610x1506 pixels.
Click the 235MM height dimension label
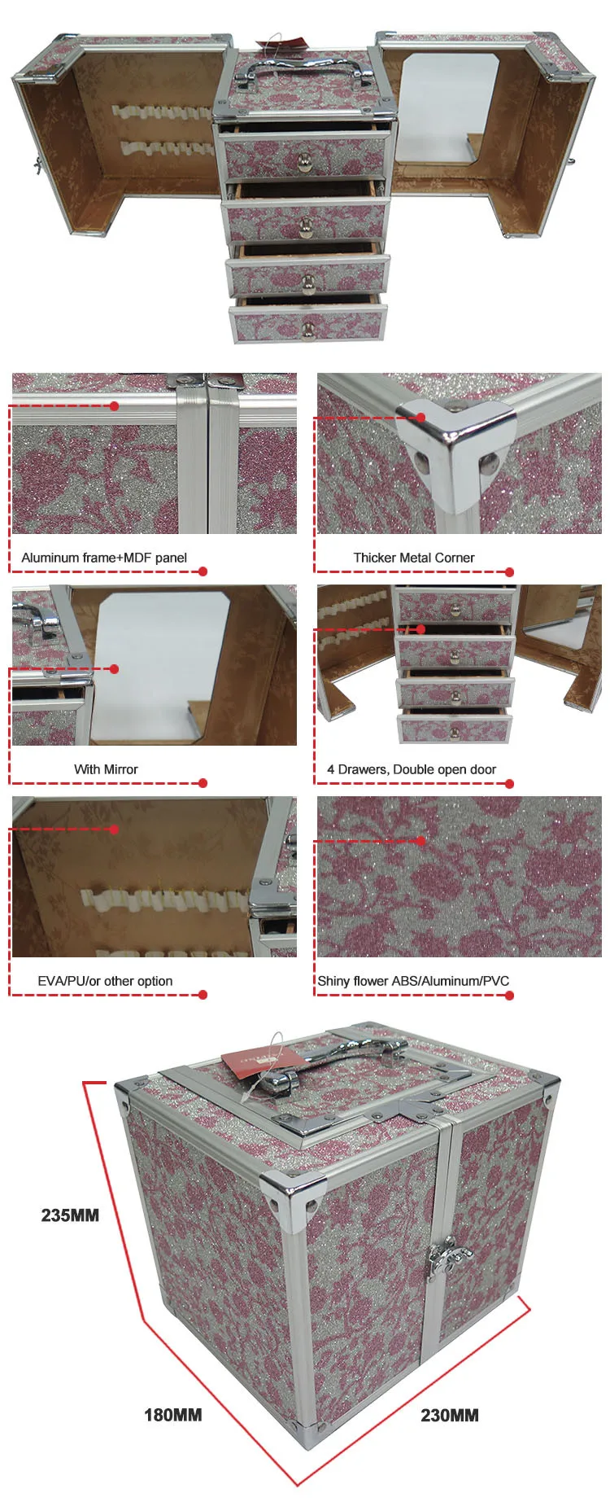pyautogui.click(x=70, y=1215)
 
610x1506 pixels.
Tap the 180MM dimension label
pyautogui.click(x=172, y=1416)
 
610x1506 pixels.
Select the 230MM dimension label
pyautogui.click(x=449, y=1416)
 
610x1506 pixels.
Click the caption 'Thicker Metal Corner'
pyautogui.click(x=414, y=558)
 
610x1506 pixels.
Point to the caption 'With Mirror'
pyautogui.click(x=106, y=769)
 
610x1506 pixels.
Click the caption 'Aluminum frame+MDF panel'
pyautogui.click(x=104, y=558)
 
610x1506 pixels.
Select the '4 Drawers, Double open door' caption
pyautogui.click(x=412, y=769)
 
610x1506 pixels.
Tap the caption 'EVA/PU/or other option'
pyautogui.click(x=105, y=981)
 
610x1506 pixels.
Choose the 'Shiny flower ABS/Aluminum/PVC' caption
pyautogui.click(x=413, y=981)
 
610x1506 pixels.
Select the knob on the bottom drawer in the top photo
pyautogui.click(x=308, y=329)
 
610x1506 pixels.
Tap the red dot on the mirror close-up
pyautogui.click(x=114, y=669)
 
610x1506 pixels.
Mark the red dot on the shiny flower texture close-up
pyautogui.click(x=420, y=841)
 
